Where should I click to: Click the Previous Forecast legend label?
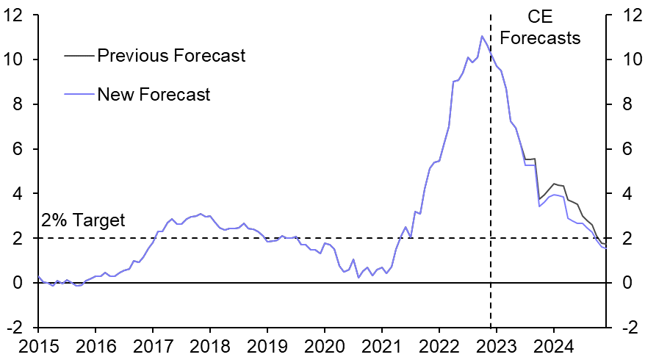(x=171, y=56)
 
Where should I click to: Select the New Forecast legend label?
(x=154, y=95)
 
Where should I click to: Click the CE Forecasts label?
(x=545, y=26)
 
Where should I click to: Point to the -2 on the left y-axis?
(x=21, y=328)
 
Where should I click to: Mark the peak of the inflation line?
(x=482, y=36)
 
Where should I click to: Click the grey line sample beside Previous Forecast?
(x=79, y=56)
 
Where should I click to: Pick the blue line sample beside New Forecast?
(x=79, y=95)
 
